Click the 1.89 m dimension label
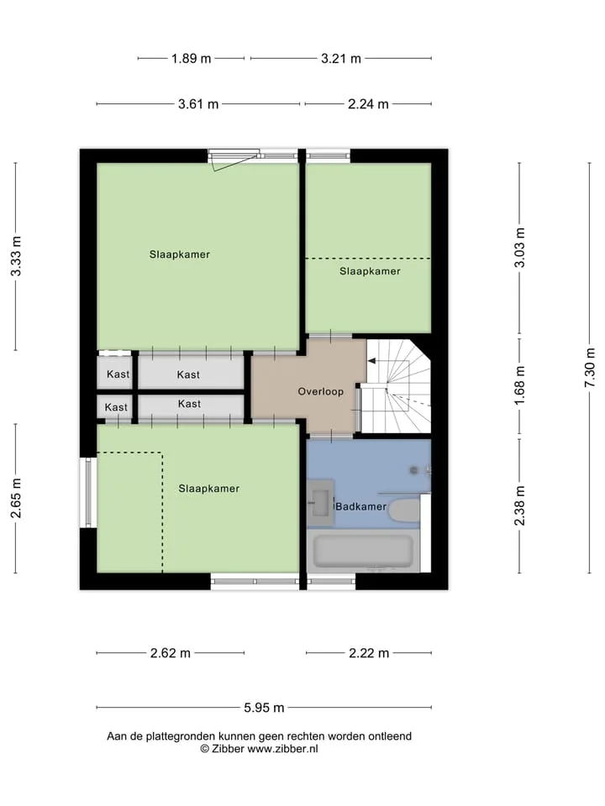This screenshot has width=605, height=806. pos(192,59)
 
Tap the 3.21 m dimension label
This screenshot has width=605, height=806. pos(341,59)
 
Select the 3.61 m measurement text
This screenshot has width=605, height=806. pos(198,104)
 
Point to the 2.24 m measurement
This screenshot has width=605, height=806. pos(368,104)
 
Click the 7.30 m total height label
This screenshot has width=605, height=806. pos(590,368)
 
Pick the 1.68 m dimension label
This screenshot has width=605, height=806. pos(519,385)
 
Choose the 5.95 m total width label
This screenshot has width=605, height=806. pos(264,708)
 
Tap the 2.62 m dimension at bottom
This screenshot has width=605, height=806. pos(171,653)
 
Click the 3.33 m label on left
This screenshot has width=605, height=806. pos(16,257)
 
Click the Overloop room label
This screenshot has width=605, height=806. pos(320,392)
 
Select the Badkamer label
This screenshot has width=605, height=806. pos(360,507)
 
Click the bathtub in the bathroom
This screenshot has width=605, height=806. pos(364,552)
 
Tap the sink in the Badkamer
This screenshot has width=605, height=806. pos(321,503)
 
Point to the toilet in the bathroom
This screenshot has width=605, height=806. pos(404,510)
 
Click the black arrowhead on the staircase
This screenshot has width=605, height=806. pos(371,361)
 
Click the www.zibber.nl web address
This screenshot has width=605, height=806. pos(282,749)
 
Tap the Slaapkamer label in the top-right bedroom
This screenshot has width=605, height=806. pos(370,271)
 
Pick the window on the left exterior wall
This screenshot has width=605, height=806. pos(88,493)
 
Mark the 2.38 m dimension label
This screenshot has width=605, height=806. pos(519,505)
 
